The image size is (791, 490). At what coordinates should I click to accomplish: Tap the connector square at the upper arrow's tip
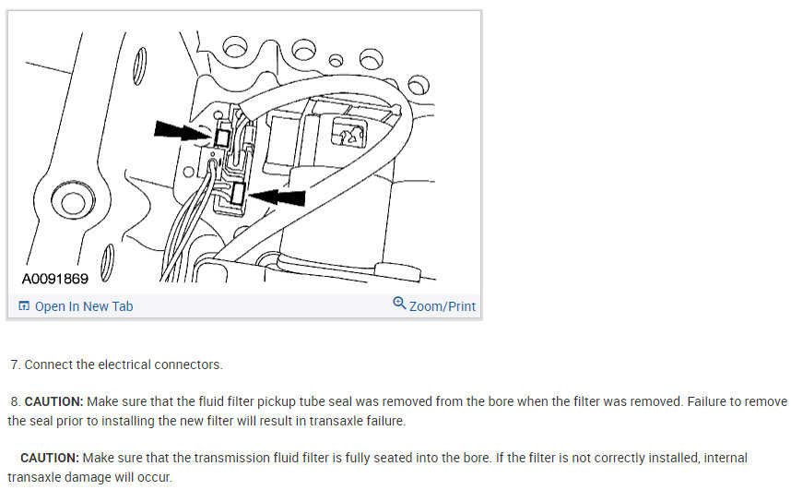point(222,137)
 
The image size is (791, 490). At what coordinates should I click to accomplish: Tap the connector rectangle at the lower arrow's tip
point(239,194)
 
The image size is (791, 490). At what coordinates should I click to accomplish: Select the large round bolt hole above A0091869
point(70,201)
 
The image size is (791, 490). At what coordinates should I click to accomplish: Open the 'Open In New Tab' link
point(83,306)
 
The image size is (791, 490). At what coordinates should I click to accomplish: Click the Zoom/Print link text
point(443,305)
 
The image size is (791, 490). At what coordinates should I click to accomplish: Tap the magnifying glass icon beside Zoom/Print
point(399,304)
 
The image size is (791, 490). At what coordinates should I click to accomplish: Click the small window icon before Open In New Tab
point(24,306)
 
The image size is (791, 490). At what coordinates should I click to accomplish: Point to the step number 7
point(14,365)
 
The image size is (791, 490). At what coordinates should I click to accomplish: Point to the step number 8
point(14,402)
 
